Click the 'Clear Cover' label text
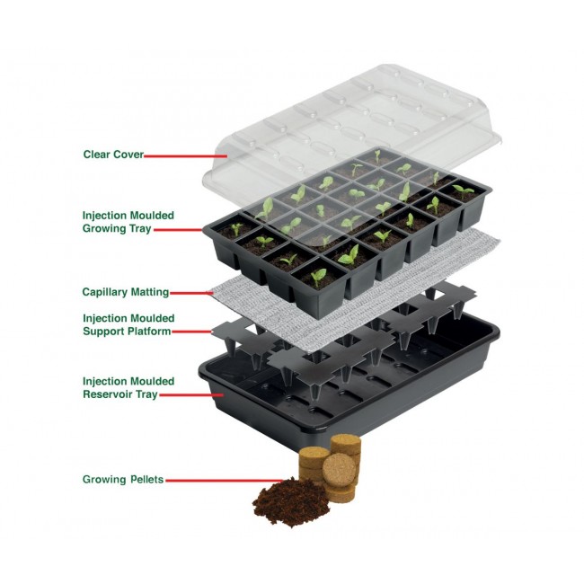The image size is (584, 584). [112, 154]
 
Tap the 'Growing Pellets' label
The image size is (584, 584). [122, 479]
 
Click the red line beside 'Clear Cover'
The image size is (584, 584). [175, 155]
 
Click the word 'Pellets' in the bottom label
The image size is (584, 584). [145, 479]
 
